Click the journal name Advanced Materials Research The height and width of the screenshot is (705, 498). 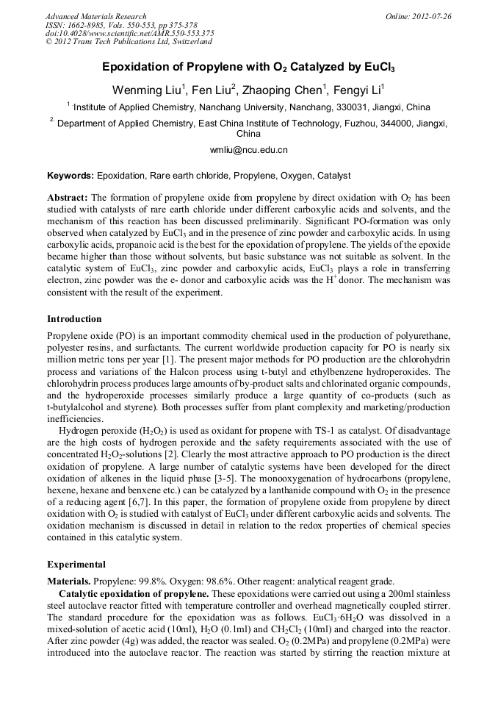point(95,16)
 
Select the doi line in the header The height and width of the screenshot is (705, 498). point(129,33)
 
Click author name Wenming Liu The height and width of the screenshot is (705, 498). point(142,90)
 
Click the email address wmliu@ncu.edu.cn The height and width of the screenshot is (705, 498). point(249,150)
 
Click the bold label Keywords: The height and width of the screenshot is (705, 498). point(71,176)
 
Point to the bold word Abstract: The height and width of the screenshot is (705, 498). point(68,198)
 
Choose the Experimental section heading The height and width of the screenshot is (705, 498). point(77,565)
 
